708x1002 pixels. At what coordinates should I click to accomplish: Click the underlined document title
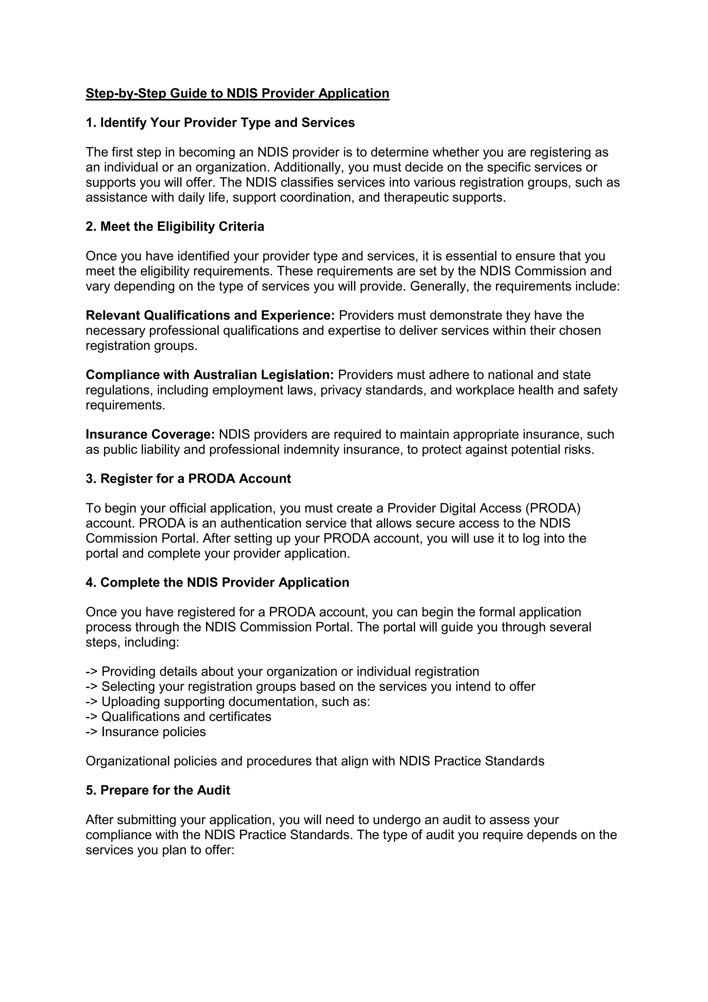[237, 93]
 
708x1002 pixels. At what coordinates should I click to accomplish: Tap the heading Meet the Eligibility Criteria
[175, 227]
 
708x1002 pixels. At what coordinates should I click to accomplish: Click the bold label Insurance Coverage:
[150, 435]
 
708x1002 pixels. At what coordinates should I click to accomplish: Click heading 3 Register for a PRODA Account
[188, 479]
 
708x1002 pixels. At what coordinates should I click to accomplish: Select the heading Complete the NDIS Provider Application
[217, 583]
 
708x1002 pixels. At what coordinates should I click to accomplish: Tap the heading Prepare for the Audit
[158, 790]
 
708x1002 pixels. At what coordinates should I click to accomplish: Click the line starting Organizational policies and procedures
[315, 762]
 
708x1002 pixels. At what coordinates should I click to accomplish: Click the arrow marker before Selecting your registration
[92, 687]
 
